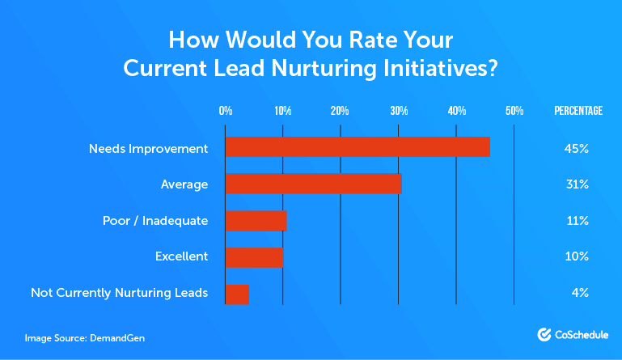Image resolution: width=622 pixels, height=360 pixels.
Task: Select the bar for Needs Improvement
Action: tap(358, 147)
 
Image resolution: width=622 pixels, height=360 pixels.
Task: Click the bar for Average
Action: tap(313, 184)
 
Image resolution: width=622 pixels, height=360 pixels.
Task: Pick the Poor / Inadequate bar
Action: tap(256, 220)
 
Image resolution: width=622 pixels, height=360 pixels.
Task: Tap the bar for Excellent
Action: tap(254, 256)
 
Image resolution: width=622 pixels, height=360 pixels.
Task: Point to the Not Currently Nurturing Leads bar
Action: tap(237, 293)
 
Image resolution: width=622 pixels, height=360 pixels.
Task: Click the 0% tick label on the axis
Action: tap(226, 111)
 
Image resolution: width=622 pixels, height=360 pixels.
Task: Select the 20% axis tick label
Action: tap(340, 111)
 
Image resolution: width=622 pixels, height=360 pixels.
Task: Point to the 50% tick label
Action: tap(514, 111)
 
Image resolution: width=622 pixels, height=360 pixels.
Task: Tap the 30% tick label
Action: tap(398, 111)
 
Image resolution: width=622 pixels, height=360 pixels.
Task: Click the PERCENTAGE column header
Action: tap(578, 111)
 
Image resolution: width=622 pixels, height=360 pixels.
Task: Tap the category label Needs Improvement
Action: tap(149, 148)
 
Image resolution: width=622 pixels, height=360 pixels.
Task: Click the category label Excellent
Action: tap(181, 256)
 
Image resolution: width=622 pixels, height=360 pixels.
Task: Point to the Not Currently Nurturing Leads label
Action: tap(119, 293)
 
